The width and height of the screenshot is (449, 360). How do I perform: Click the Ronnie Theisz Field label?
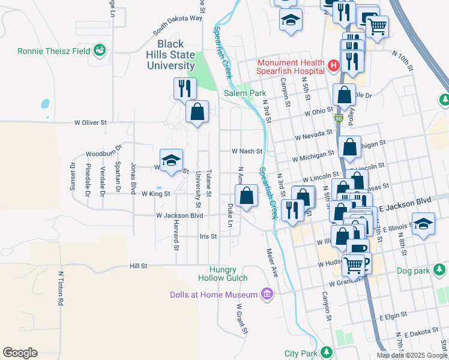pos(54,51)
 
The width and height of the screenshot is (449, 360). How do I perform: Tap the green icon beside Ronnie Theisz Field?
pos(100,51)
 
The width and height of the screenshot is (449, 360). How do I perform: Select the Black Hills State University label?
pos(176,55)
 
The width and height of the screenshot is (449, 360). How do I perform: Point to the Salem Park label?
pos(244,93)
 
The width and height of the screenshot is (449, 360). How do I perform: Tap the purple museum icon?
pos(267,294)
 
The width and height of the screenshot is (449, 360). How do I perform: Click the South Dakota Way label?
pos(177,26)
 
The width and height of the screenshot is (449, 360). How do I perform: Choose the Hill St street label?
pos(138,265)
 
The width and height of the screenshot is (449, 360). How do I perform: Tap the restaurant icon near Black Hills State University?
pos(185,88)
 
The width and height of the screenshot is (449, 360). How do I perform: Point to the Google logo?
pos(20,353)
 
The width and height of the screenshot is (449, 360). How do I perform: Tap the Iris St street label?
pos(208,236)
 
